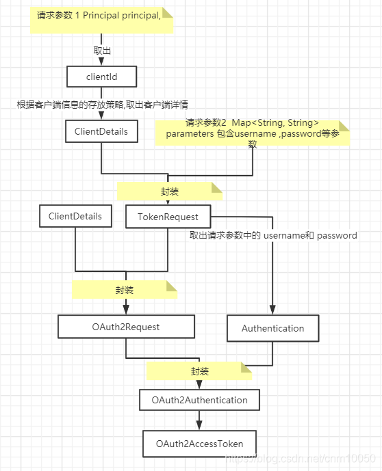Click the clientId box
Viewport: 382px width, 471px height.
[101, 77]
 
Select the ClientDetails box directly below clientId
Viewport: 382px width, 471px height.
[101, 131]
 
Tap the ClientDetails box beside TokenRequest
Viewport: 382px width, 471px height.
[75, 217]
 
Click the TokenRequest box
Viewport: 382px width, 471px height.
[168, 217]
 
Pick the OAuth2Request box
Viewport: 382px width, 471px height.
[126, 327]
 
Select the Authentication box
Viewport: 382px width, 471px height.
[272, 328]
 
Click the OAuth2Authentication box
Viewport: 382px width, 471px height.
[199, 399]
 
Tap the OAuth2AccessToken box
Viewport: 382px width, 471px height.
[199, 444]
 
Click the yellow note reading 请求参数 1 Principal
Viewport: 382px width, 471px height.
[101, 20]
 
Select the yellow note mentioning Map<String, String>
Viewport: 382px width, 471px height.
[253, 133]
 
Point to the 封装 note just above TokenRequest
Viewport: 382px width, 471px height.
[170, 191]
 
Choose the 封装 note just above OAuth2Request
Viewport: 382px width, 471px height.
[125, 290]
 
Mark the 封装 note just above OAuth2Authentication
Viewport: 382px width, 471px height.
[199, 371]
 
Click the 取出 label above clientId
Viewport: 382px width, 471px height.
[102, 51]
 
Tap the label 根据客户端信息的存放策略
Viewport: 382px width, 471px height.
[103, 104]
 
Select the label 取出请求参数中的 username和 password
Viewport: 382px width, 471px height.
[273, 235]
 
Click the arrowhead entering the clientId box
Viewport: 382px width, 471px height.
[101, 62]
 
